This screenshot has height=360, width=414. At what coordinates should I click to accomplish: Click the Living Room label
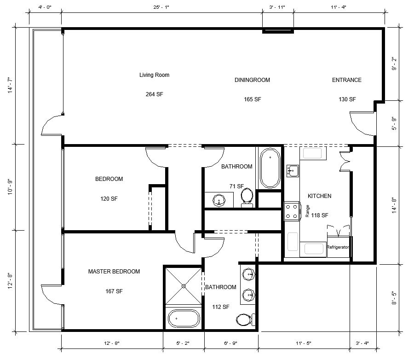pyautogui.click(x=154, y=75)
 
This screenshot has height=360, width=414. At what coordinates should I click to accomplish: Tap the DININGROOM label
pyautogui.click(x=252, y=80)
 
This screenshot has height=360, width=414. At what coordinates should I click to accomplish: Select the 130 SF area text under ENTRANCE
pyautogui.click(x=347, y=99)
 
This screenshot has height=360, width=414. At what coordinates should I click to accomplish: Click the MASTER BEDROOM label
pyautogui.click(x=114, y=272)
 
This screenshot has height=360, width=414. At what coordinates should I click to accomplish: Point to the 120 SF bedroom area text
pyautogui.click(x=109, y=199)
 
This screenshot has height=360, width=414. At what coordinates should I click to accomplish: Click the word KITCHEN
pyautogui.click(x=320, y=196)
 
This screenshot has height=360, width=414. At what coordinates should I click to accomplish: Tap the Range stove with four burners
pyautogui.click(x=292, y=211)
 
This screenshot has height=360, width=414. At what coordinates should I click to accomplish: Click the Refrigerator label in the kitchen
pyautogui.click(x=338, y=247)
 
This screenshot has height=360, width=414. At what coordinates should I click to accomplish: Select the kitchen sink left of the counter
pyautogui.click(x=293, y=171)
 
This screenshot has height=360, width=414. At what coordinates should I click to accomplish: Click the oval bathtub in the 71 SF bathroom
pyautogui.click(x=270, y=168)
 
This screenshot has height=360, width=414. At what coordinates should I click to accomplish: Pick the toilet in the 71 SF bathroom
pyautogui.click(x=247, y=197)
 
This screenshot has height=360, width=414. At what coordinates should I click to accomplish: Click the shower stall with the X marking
pyautogui.click(x=184, y=286)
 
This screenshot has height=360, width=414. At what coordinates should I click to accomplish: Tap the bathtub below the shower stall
pyautogui.click(x=184, y=319)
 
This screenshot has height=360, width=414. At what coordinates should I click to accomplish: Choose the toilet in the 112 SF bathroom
pyautogui.click(x=246, y=320)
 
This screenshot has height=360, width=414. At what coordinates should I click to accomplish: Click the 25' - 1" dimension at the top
pyautogui.click(x=161, y=7)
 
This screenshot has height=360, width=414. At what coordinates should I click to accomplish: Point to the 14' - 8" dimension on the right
pyautogui.click(x=394, y=205)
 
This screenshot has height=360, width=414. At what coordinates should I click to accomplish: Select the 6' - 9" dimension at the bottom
pyautogui.click(x=231, y=343)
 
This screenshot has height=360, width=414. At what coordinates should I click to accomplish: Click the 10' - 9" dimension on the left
pyautogui.click(x=10, y=187)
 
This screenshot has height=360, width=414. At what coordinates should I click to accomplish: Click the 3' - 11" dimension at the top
pyautogui.click(x=277, y=7)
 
